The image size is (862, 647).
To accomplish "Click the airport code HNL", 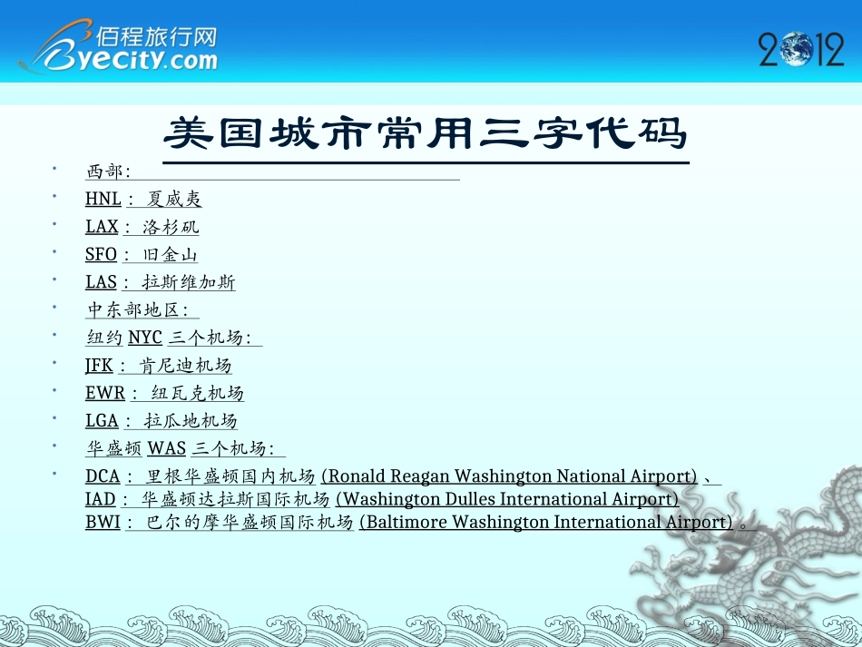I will click(x=103, y=200).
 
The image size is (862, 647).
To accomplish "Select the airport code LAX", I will click(x=102, y=227).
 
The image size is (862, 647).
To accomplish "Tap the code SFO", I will click(x=101, y=255).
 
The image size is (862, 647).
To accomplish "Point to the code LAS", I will click(x=101, y=283).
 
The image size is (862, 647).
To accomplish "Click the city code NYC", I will click(x=145, y=338).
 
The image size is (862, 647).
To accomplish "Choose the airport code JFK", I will click(x=99, y=366).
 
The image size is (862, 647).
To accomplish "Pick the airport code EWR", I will click(x=105, y=394).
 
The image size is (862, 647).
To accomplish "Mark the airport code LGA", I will click(x=102, y=421).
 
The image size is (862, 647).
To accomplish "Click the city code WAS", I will click(x=167, y=449).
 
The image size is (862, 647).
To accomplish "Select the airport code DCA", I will click(x=102, y=476).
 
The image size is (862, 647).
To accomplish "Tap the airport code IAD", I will click(x=100, y=499).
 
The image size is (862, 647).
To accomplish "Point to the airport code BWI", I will click(x=103, y=522).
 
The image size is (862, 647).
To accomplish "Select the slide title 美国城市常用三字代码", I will click(x=426, y=135).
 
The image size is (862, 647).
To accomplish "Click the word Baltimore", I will click(x=405, y=522).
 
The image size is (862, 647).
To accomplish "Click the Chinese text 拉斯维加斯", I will click(x=189, y=283).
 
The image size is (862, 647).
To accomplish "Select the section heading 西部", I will click(x=105, y=172).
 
